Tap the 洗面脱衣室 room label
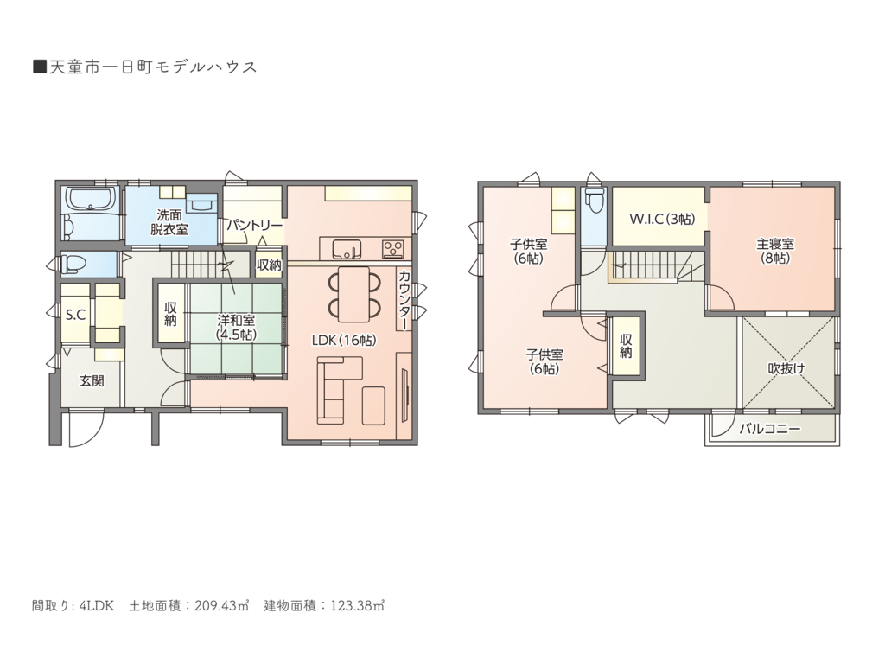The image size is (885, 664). pyautogui.click(x=169, y=223)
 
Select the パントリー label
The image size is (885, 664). pyautogui.click(x=255, y=226)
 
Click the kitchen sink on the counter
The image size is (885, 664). pyautogui.click(x=346, y=248)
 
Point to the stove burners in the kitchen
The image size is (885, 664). pyautogui.click(x=393, y=247)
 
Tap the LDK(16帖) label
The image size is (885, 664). pyautogui.click(x=344, y=341)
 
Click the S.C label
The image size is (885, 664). pyautogui.click(x=76, y=315)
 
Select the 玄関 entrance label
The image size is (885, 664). pyautogui.click(x=92, y=381)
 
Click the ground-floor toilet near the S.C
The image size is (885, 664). pyautogui.click(x=72, y=264)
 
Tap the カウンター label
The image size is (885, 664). pyautogui.click(x=404, y=300)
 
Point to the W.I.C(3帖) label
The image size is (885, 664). pyautogui.click(x=662, y=220)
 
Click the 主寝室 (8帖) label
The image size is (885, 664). pyautogui.click(x=775, y=252)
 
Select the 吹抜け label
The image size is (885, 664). pyautogui.click(x=786, y=368)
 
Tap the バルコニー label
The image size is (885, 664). pyautogui.click(x=770, y=429)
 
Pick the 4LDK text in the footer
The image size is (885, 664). pyautogui.click(x=97, y=606)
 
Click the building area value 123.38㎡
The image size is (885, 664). pyautogui.click(x=357, y=606)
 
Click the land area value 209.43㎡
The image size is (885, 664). pyautogui.click(x=222, y=606)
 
